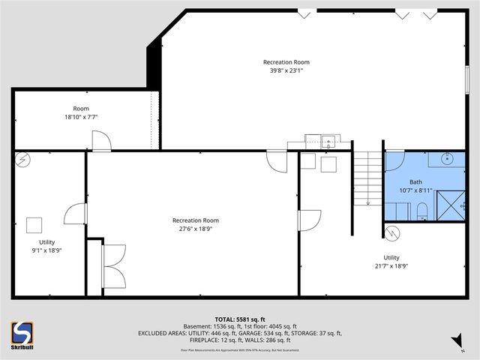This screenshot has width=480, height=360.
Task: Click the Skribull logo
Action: (22, 335)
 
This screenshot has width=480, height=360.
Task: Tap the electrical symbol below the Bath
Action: (393, 232)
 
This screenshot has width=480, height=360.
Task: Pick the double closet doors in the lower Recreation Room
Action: (114, 265)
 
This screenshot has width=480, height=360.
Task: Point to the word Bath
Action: (415, 182)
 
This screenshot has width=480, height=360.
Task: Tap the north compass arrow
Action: (455, 344)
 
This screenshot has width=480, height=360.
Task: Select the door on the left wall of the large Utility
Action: (307, 220)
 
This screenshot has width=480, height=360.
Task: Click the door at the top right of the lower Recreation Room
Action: (276, 161)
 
